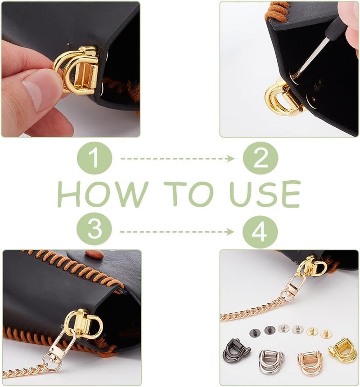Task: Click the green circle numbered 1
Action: coord(94,158)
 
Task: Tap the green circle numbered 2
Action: coord(261,158)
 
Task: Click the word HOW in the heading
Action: coord(103,194)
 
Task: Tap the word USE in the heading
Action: coord(265,194)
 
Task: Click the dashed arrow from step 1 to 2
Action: coord(177,159)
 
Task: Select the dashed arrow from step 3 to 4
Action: coord(177,231)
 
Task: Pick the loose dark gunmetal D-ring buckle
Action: coord(236,351)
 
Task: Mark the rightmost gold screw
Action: coord(326,334)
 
